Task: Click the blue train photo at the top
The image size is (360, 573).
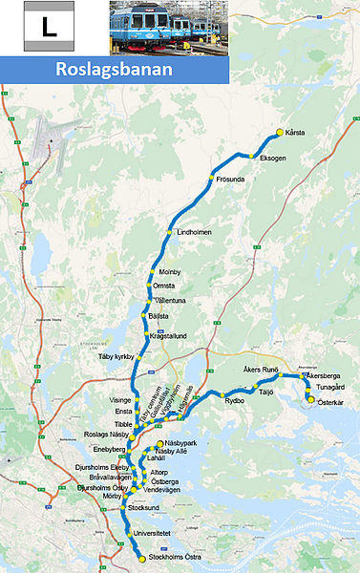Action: coord(168,27)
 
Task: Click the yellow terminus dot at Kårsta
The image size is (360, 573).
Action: coord(279,132)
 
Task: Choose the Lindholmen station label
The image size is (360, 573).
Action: coord(194,232)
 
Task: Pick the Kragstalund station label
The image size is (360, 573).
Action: coord(170,336)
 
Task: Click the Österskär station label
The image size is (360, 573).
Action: coord(328,402)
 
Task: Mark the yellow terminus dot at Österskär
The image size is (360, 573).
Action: coord(310,400)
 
